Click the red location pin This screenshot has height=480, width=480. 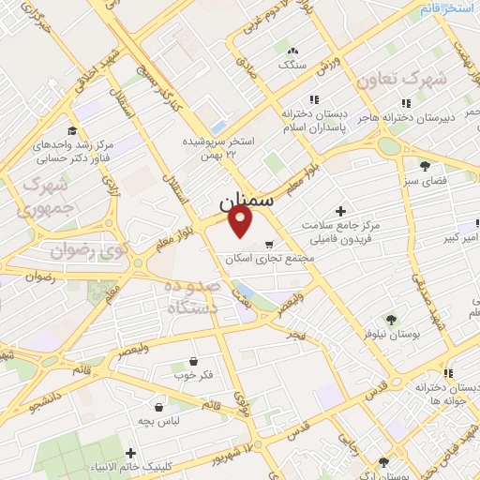pyautogui.click(x=242, y=222)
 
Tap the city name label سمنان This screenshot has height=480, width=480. pyautogui.click(x=247, y=202)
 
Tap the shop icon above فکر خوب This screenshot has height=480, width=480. pyautogui.click(x=193, y=361)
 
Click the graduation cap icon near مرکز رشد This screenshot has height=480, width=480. pyautogui.click(x=71, y=132)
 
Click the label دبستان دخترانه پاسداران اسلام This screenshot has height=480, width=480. pyautogui.click(x=315, y=119)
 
